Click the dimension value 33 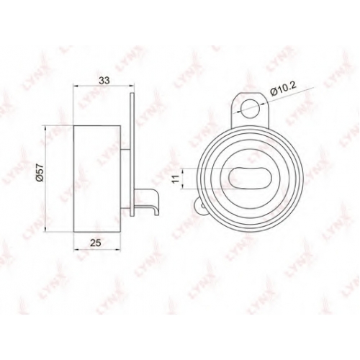[104, 80]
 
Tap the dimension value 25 [96, 243]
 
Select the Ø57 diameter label [40, 173]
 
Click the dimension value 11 [176, 179]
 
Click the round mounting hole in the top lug [250, 108]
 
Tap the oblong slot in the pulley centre [251, 177]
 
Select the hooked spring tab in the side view [148, 201]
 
